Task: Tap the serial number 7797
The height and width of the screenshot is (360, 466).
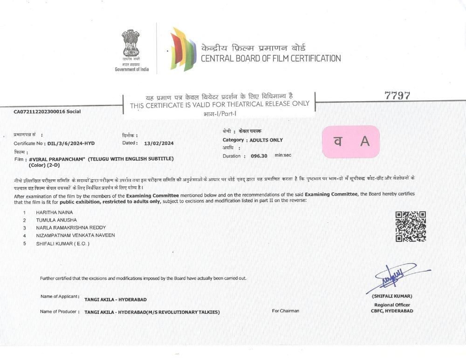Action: pyautogui.click(x=397, y=96)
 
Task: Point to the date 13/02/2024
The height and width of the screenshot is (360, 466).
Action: pyautogui.click(x=159, y=143)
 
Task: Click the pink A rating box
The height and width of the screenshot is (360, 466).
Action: pyautogui.click(x=351, y=142)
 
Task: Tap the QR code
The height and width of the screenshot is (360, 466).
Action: pyautogui.click(x=411, y=226)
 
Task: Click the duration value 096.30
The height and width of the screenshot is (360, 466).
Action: pyautogui.click(x=258, y=156)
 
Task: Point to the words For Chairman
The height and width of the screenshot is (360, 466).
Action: pyautogui.click(x=286, y=311)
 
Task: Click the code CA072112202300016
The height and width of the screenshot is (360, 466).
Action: pyautogui.click(x=40, y=112)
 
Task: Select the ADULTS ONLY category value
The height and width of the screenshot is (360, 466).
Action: pyautogui.click(x=266, y=140)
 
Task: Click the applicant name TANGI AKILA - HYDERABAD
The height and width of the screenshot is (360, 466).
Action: pyautogui.click(x=115, y=299)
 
